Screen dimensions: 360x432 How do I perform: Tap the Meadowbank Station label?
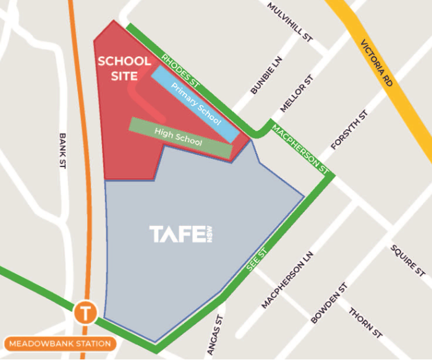(60, 344)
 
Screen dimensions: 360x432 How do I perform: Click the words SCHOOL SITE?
(124, 69)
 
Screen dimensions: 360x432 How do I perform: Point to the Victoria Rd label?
(378, 65)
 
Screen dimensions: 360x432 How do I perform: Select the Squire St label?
(407, 260)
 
